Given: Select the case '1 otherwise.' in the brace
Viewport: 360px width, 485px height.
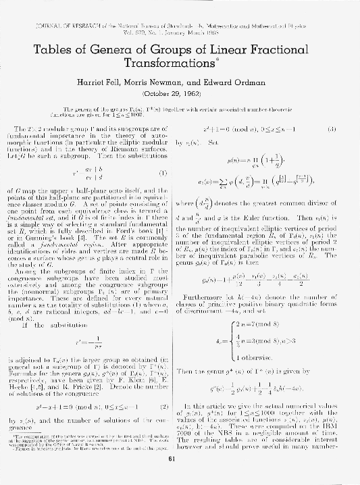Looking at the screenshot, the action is [256, 357].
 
